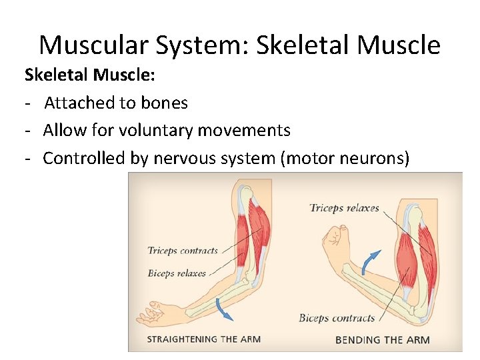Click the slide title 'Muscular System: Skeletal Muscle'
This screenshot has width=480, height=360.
point(239,45)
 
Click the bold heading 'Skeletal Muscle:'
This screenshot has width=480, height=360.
point(90,75)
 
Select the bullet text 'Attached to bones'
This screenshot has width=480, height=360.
point(116,103)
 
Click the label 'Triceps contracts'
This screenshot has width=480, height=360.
point(183,251)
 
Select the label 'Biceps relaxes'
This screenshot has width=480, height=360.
point(177,273)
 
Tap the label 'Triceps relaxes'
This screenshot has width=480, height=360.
point(344,208)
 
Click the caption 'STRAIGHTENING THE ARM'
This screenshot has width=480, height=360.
point(203,339)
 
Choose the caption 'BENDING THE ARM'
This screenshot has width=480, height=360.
point(382,340)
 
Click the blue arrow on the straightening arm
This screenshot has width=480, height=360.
point(226,308)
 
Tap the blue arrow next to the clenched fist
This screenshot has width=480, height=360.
point(371,261)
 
